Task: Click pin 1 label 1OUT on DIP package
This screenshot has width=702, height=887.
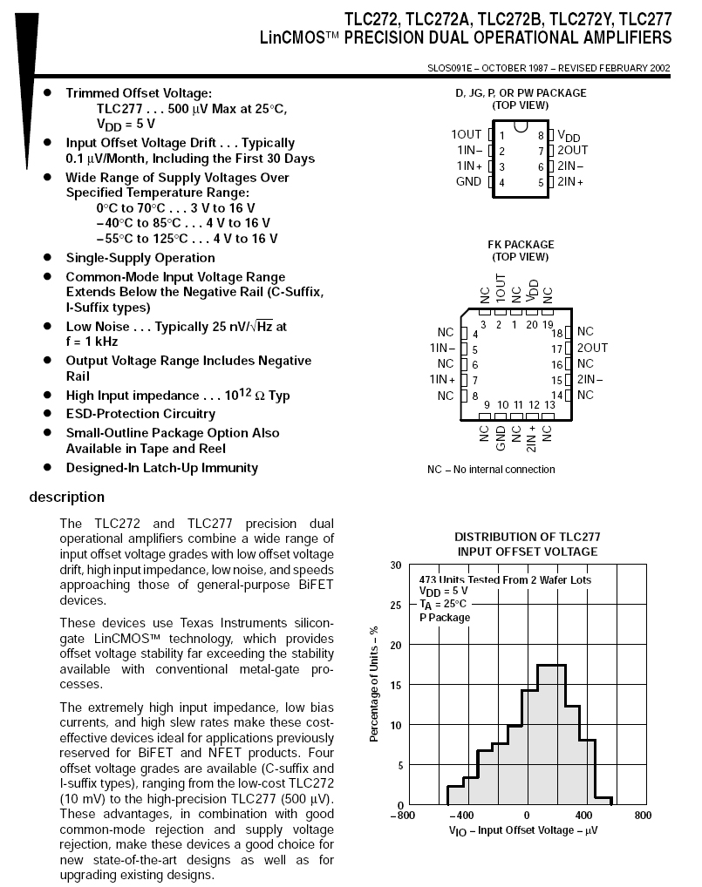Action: (x=467, y=135)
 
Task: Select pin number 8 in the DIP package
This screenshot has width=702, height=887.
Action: (x=541, y=136)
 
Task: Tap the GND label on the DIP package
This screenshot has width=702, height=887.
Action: (x=468, y=182)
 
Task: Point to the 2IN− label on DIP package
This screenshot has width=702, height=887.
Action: (x=571, y=166)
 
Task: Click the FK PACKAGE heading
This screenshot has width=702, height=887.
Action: (x=521, y=245)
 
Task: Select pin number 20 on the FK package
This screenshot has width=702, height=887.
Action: (x=532, y=325)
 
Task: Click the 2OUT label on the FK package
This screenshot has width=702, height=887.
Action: (x=592, y=348)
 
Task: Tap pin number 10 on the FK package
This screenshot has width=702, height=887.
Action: (x=502, y=405)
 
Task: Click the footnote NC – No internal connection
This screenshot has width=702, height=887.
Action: (x=491, y=470)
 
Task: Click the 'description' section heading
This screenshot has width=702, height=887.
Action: (x=66, y=498)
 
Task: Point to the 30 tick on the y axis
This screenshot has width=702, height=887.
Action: (x=397, y=565)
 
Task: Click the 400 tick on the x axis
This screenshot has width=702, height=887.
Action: (x=584, y=816)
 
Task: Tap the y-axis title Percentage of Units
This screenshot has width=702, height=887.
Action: (x=374, y=686)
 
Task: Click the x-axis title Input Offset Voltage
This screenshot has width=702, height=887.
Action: (x=523, y=830)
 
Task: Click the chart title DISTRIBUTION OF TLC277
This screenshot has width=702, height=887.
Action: (x=528, y=538)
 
